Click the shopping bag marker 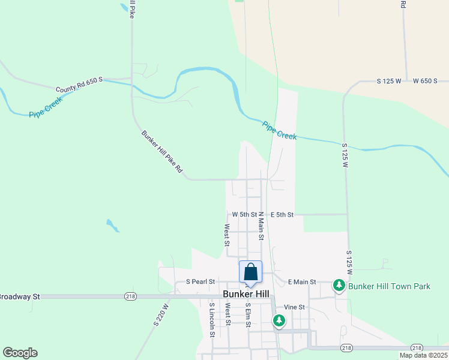tap(250, 272)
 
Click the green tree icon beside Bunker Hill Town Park tap(339, 286)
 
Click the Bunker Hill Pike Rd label tap(161, 152)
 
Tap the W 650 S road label tap(427, 80)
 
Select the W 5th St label tap(244, 214)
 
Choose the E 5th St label tap(282, 214)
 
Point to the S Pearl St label tap(200, 281)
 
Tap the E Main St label tap(302, 281)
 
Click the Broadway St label tap(18, 296)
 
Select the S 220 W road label tap(160, 314)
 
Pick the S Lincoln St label tap(212, 320)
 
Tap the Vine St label tap(295, 307)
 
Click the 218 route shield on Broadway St tap(130, 296)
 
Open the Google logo tap(20, 353)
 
